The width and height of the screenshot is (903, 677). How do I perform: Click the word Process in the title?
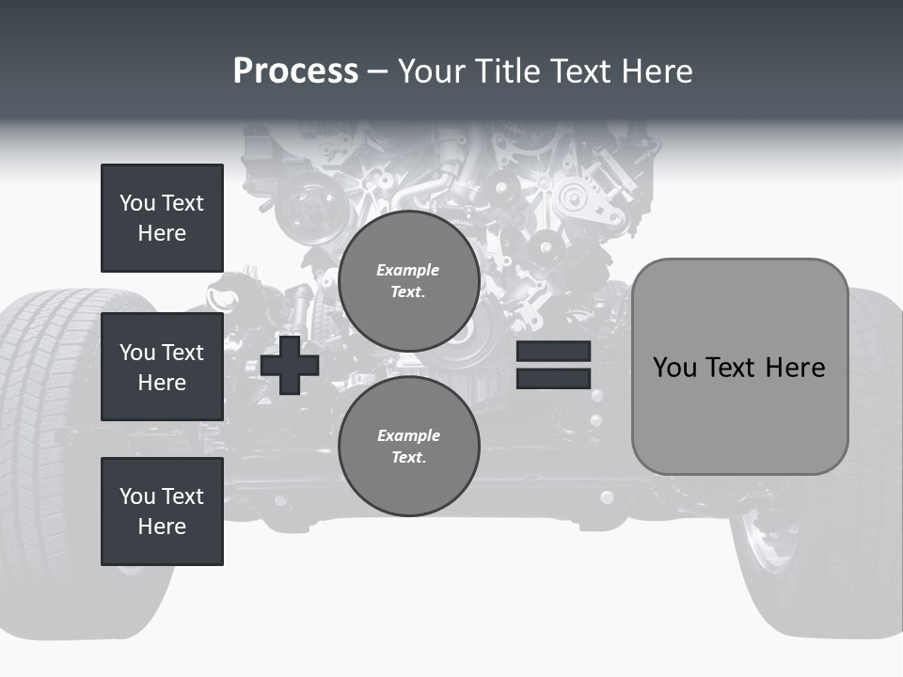point(295,71)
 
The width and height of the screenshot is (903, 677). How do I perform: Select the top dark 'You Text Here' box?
point(162,218)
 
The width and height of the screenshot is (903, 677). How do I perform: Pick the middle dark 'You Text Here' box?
point(162,367)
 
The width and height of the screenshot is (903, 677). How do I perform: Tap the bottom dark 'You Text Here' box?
point(162,512)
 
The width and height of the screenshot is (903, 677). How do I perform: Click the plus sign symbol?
point(290,365)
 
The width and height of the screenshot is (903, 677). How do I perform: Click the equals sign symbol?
point(553,365)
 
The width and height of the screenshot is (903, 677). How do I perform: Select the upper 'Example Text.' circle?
point(409,281)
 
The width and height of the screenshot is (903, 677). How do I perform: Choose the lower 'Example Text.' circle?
point(409,447)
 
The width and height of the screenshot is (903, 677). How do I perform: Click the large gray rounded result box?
point(739,367)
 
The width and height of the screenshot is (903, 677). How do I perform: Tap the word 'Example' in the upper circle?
point(407,270)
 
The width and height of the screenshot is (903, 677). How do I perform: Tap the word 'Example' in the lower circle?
point(408,435)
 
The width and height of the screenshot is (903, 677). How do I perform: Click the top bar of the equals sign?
point(553,352)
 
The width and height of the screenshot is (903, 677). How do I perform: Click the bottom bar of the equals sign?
point(553,378)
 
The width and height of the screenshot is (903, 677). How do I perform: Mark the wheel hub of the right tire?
point(771,545)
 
